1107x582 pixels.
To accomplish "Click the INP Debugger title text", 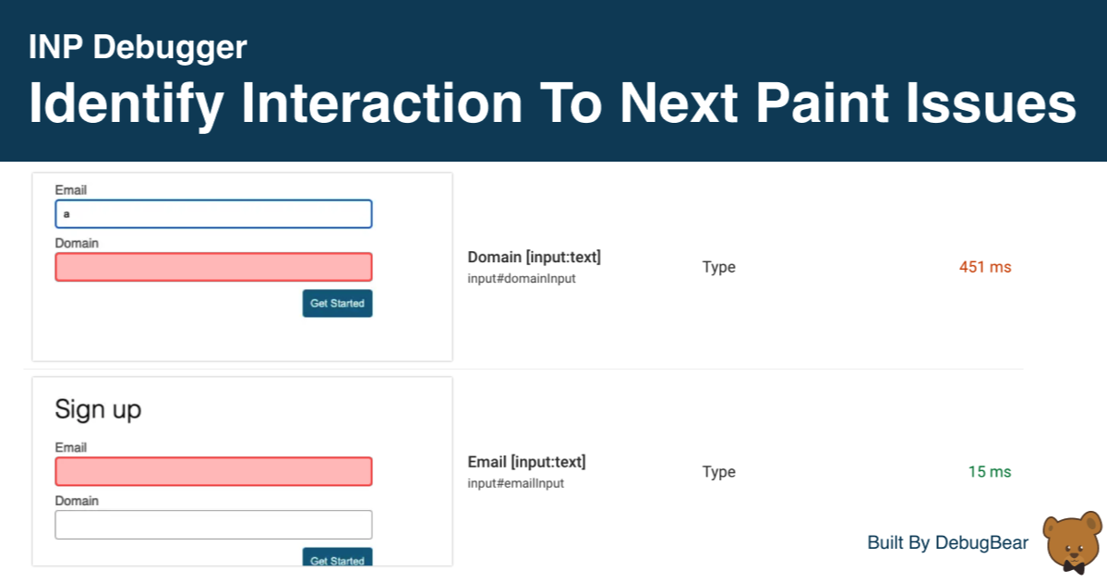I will pyautogui.click(x=138, y=47).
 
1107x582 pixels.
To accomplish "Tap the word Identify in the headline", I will pyautogui.click(x=126, y=103).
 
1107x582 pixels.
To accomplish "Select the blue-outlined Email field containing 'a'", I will pyautogui.click(x=213, y=214).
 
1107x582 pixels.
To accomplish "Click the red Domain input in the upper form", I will pyautogui.click(x=213, y=268).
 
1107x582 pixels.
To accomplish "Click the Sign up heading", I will pyautogui.click(x=98, y=409).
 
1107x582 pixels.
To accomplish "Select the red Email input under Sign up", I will pyautogui.click(x=213, y=471).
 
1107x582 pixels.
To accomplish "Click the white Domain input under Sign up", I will pyautogui.click(x=213, y=525).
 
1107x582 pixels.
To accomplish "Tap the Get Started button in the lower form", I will pyautogui.click(x=337, y=559).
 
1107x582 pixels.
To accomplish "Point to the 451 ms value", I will pyautogui.click(x=985, y=267).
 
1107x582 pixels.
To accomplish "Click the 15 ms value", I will pyautogui.click(x=990, y=472).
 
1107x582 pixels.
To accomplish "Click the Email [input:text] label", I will pyautogui.click(x=526, y=462).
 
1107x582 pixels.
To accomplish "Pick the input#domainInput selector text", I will pyautogui.click(x=522, y=279).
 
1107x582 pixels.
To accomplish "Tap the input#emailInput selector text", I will pyautogui.click(x=515, y=483).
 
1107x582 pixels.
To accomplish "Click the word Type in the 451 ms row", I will pyautogui.click(x=718, y=267).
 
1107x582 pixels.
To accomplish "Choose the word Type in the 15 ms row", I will pyautogui.click(x=718, y=472).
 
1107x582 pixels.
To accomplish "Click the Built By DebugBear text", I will pyautogui.click(x=947, y=543).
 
